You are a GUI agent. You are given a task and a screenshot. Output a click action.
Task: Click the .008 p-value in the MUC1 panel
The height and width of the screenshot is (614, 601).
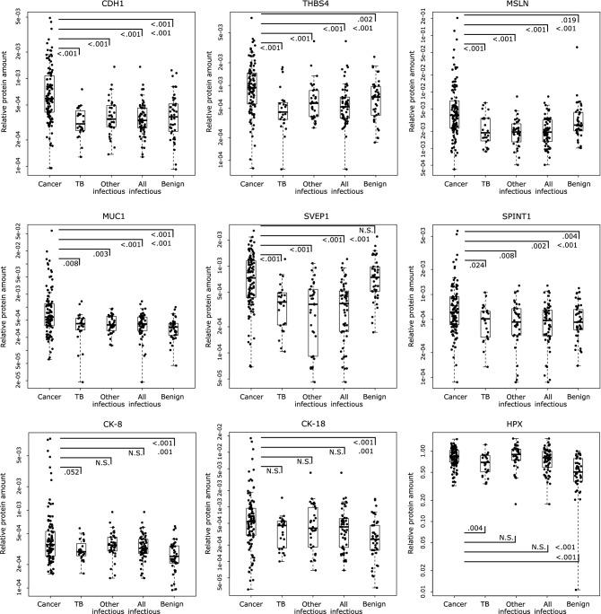71,263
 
